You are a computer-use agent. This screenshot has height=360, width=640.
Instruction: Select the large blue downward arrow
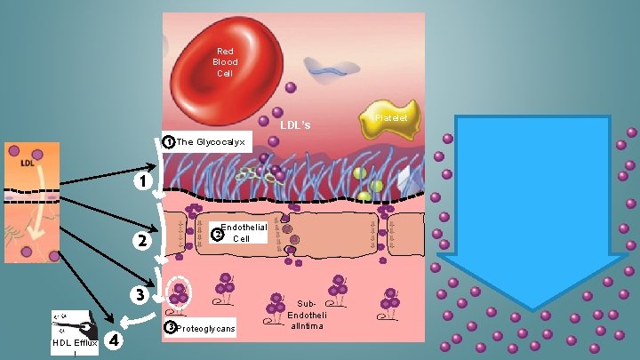click(x=532, y=213)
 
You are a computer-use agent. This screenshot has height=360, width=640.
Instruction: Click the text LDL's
click(x=295, y=125)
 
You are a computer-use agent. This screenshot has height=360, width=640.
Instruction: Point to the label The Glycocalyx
click(x=210, y=141)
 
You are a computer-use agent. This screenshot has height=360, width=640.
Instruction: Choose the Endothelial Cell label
click(x=243, y=233)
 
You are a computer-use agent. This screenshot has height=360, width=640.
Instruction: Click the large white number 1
click(x=140, y=182)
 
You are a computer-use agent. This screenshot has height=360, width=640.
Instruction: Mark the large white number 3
click(x=140, y=294)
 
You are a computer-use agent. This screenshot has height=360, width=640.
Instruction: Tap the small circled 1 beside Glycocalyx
click(x=169, y=141)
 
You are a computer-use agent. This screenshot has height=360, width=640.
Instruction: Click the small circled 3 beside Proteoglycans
click(x=171, y=328)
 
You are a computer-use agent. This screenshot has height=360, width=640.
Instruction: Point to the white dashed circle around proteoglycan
click(x=177, y=292)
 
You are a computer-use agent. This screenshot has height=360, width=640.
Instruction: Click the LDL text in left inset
click(x=28, y=163)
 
